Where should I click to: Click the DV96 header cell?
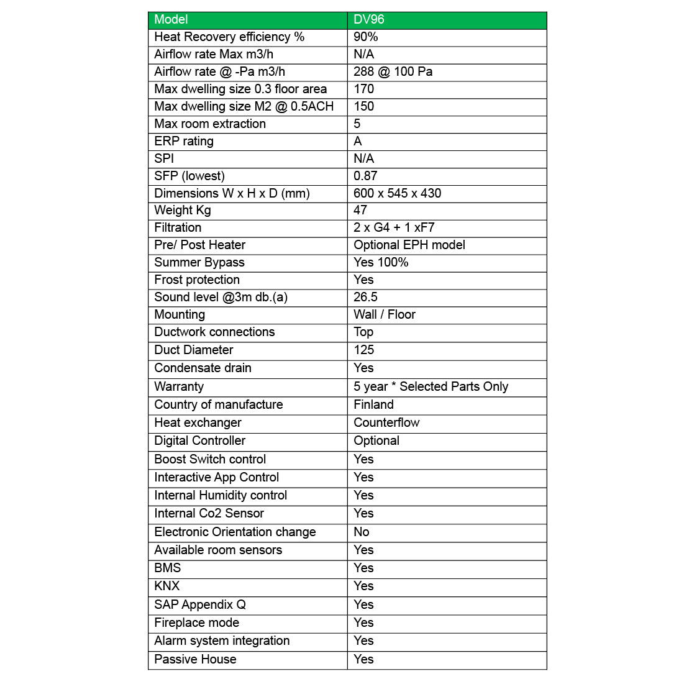(369, 20)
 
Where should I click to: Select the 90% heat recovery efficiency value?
(366, 37)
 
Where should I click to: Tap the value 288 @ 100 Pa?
(393, 72)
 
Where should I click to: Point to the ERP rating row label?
(184, 142)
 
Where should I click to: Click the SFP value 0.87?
(365, 176)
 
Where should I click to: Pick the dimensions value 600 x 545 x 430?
(397, 194)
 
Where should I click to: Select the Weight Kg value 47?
(360, 211)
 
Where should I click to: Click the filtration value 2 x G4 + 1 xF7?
(394, 228)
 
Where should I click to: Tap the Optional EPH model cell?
(409, 245)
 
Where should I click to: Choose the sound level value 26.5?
(365, 298)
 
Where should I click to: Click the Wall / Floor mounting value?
(384, 315)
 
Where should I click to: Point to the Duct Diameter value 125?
(364, 350)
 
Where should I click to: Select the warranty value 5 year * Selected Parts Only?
(431, 387)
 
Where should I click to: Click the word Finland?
(373, 405)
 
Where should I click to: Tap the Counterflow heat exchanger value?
(386, 423)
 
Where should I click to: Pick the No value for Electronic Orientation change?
(361, 532)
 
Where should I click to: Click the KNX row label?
(166, 586)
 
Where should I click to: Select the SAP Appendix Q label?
(200, 605)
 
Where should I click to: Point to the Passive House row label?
(195, 660)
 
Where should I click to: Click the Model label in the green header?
(171, 20)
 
